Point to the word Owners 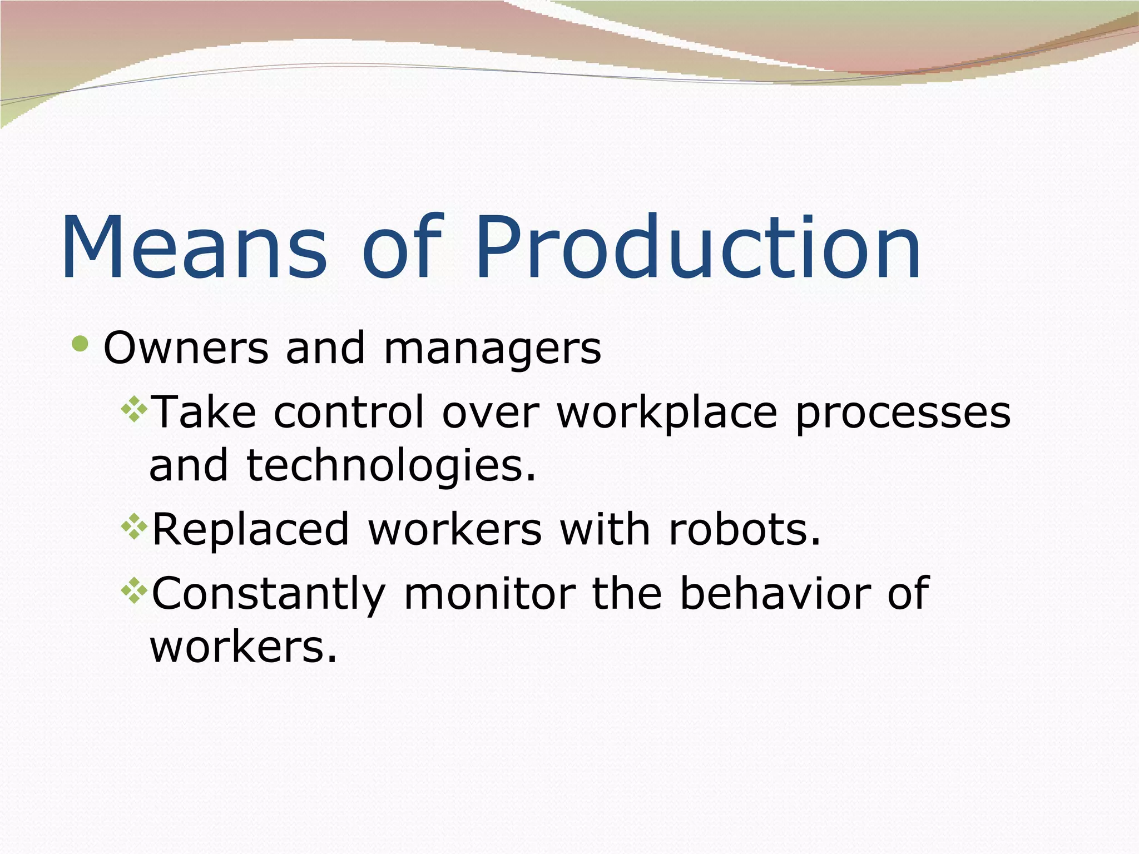click(x=186, y=349)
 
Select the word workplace click(x=667, y=414)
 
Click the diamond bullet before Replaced click(x=134, y=528)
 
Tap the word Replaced click(x=250, y=529)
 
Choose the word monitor click(x=489, y=594)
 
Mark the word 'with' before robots click(x=605, y=529)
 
